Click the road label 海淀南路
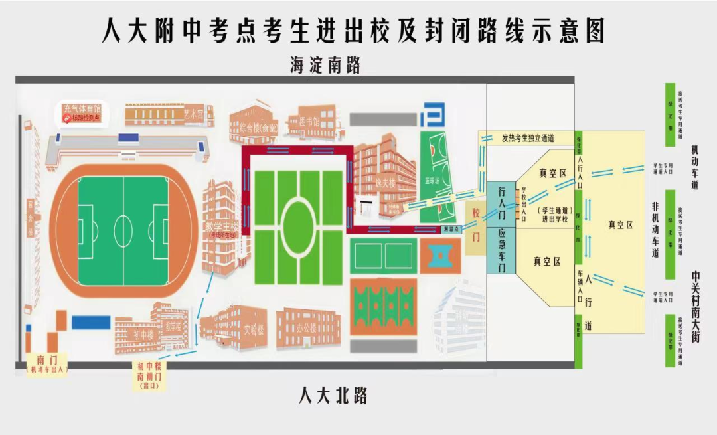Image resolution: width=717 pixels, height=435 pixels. pos(325,65)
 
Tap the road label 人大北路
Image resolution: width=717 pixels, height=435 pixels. pos(333,396)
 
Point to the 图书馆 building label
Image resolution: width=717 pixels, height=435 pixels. pos(307,122)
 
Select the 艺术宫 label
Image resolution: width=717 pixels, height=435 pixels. pos(194,114)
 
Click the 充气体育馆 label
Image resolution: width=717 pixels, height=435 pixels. pos(82,108)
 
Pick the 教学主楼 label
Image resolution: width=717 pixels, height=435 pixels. pos(222,226)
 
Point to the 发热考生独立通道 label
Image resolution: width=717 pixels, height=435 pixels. pos(528,138)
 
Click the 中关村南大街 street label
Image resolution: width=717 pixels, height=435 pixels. pos(694,305)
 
